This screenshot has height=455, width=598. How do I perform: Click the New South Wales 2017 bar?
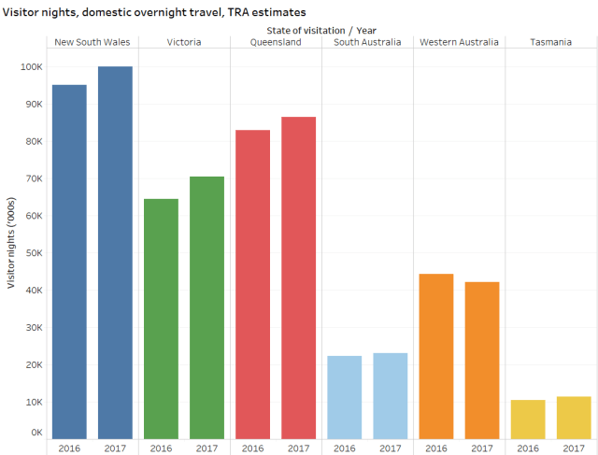115,252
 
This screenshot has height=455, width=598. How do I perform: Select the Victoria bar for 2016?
161,319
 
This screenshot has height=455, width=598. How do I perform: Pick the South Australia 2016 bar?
344,397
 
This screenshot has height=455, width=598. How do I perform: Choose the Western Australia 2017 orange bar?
481,360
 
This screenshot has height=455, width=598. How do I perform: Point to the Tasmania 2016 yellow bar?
528,419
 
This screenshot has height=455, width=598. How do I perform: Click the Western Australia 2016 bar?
435,356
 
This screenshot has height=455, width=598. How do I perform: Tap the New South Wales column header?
92,42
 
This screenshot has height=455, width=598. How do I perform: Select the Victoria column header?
183,42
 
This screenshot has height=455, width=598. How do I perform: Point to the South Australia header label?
367,42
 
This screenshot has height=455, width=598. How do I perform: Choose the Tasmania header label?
550,42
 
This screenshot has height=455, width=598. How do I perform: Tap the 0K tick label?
35,433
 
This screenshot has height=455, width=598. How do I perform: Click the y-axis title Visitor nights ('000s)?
10,244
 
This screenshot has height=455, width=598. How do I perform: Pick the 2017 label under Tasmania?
574,448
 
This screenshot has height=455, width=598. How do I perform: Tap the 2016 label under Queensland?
252,448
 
